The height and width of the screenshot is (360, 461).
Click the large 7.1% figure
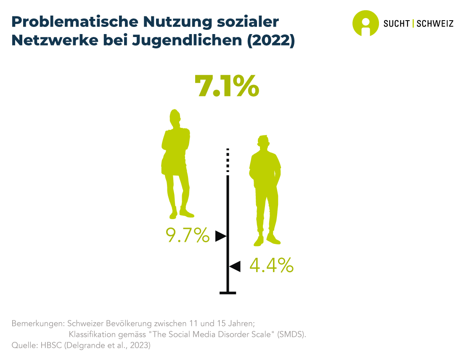coord(226,86)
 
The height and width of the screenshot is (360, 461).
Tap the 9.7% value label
coord(188,236)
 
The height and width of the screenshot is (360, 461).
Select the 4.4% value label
coord(271,265)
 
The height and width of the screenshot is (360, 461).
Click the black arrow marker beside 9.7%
coord(220,236)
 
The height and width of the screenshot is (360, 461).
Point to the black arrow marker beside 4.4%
coord(235,266)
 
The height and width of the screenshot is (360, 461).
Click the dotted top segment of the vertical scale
coord(228,160)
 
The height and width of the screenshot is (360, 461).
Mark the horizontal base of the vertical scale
coord(228,293)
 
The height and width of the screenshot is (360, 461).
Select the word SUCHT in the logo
coord(396,24)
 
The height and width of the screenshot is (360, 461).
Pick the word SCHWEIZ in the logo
coord(435,24)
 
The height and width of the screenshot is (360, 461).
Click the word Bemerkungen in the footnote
coord(37,324)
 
